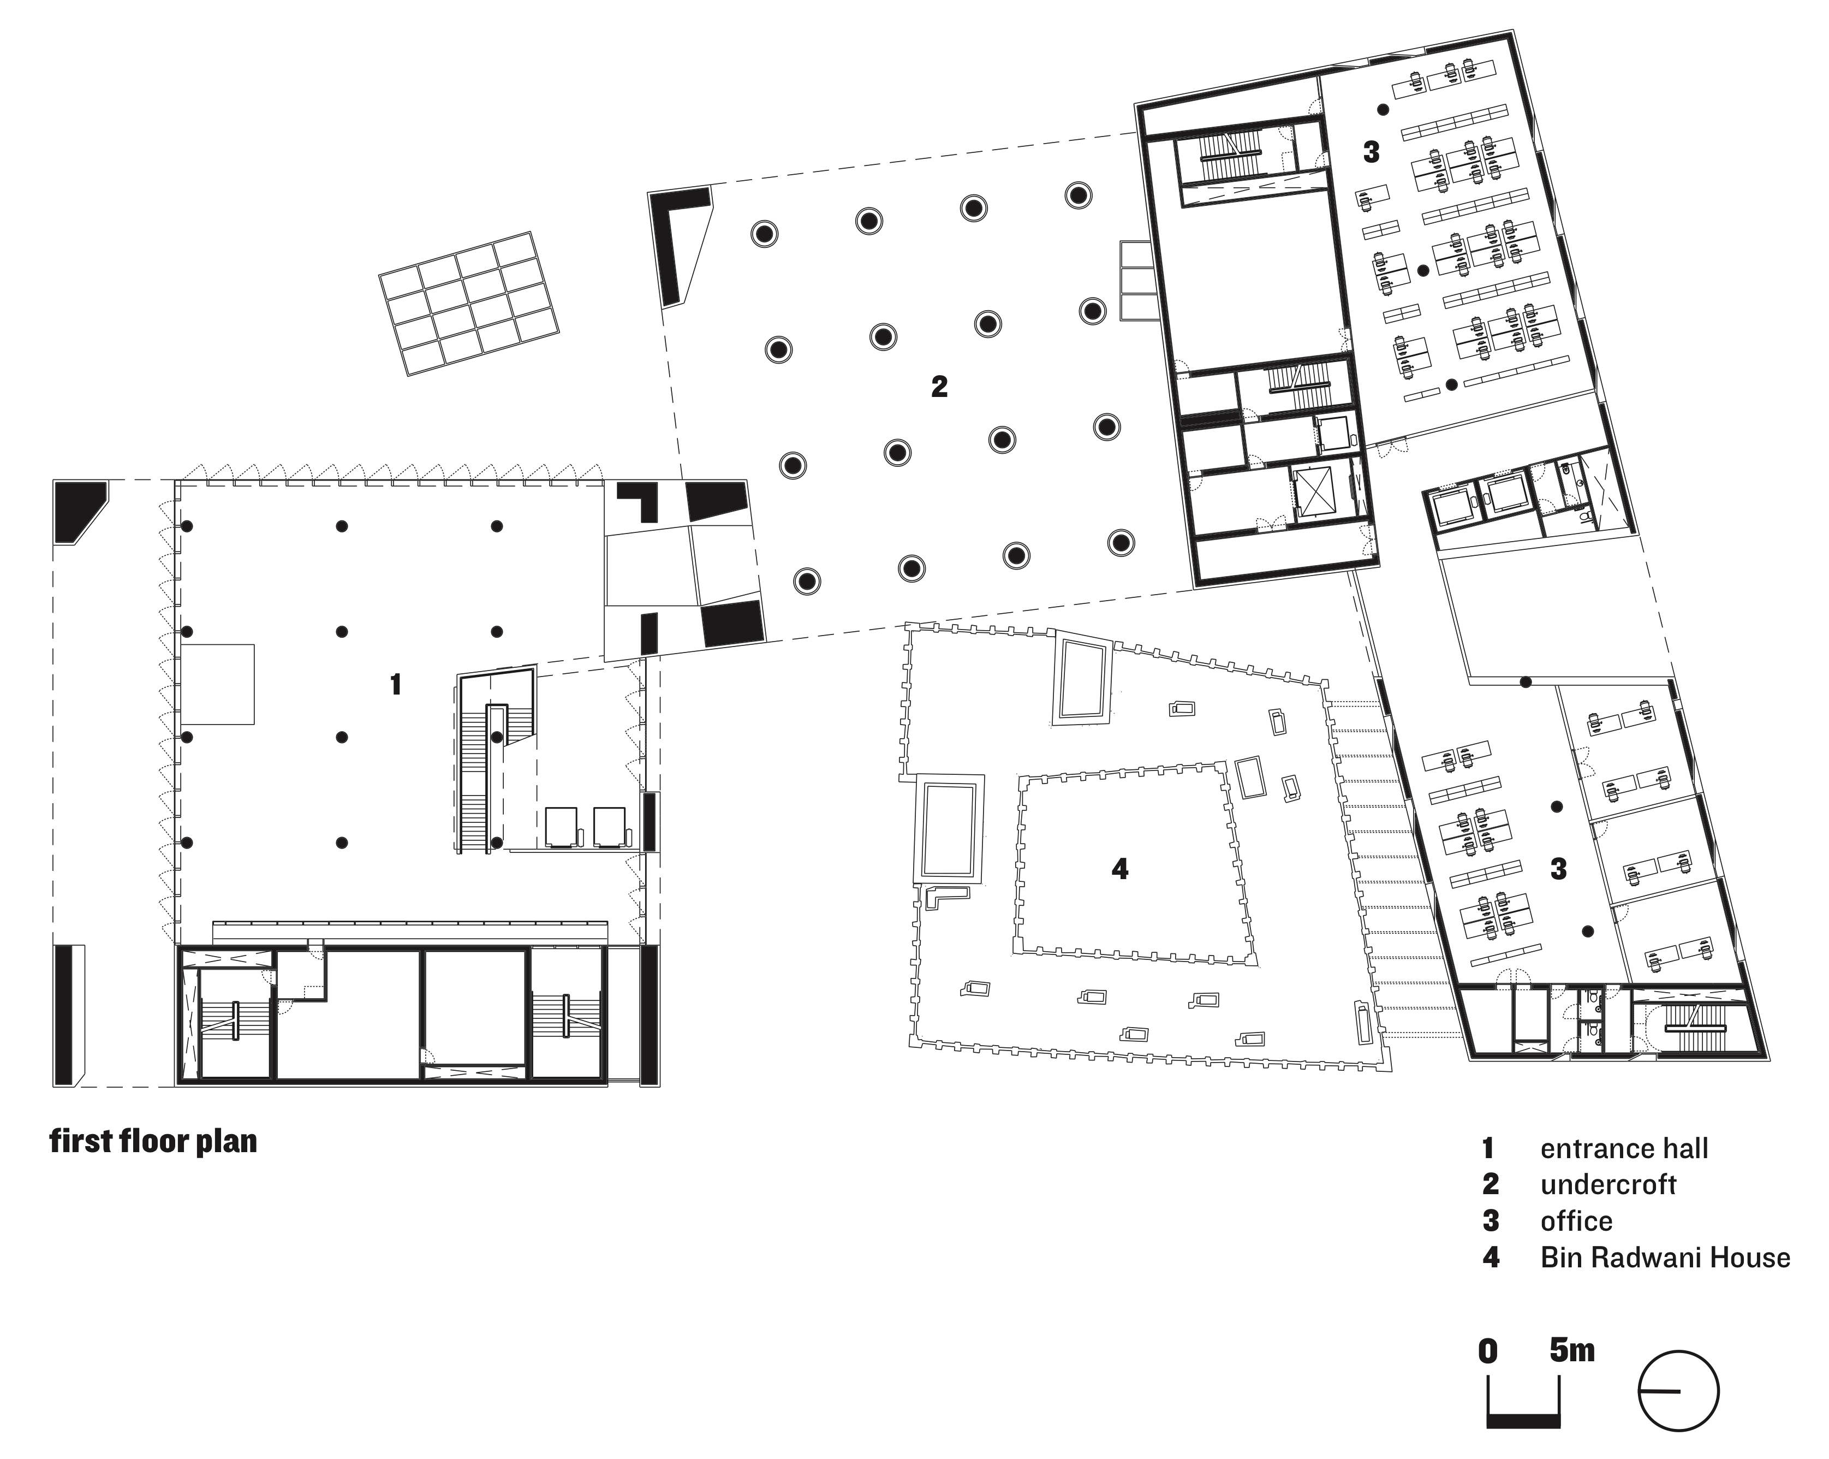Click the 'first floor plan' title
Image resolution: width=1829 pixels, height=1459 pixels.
coord(153,1141)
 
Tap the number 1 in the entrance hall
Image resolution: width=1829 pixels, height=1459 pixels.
coord(395,684)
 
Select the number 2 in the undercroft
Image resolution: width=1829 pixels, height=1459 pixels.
coord(939,387)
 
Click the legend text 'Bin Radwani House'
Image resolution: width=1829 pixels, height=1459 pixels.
coord(1664,1257)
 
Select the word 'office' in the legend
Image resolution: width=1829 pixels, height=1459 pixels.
coord(1576,1220)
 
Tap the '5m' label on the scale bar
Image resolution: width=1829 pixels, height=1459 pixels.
coord(1572,1350)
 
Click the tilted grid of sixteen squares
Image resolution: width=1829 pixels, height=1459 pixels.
coord(468,304)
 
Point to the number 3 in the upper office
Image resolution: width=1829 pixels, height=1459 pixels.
coord(1371,153)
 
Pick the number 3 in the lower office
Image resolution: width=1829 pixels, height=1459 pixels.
coord(1558,868)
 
